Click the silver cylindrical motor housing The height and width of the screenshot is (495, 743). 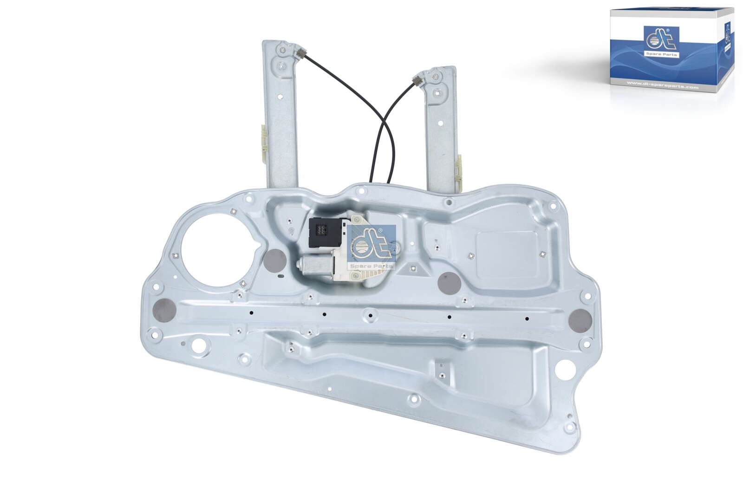(x=315, y=268)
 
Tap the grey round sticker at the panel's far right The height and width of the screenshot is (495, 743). (x=580, y=319)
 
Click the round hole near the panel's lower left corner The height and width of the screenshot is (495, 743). (x=201, y=346)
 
